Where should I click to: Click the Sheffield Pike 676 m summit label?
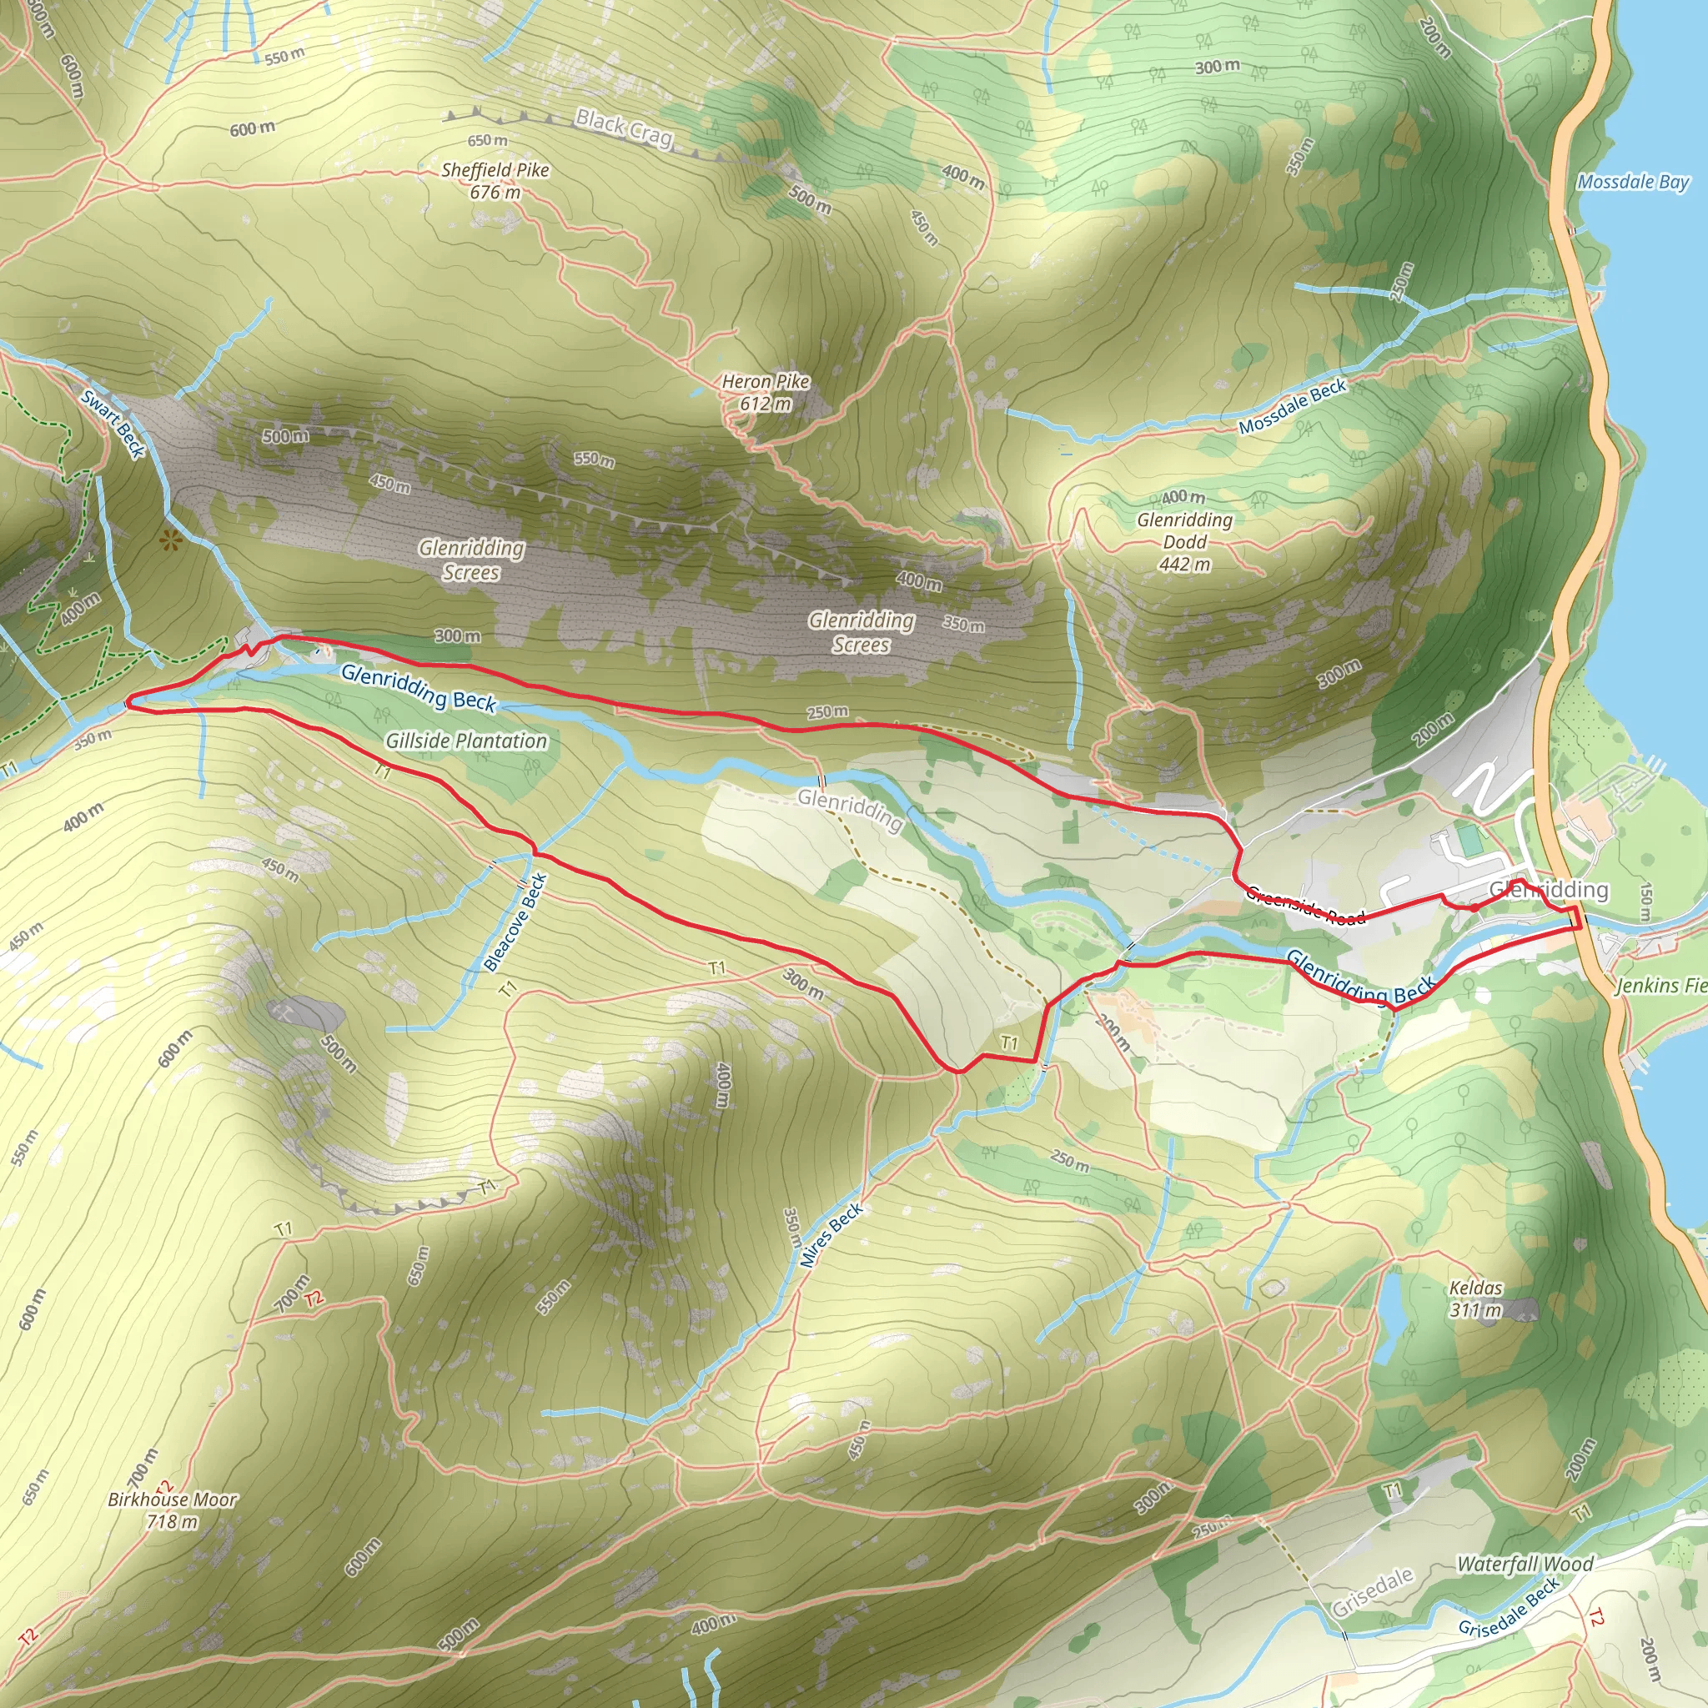tap(495, 180)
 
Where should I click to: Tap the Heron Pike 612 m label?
tap(766, 393)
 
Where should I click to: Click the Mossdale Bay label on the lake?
tap(1633, 182)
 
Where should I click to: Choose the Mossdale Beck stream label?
tap(1292, 407)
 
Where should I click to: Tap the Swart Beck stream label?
tap(113, 424)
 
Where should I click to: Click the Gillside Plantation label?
tap(466, 741)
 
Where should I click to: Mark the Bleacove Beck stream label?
tap(516, 922)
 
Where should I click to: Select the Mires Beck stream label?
tap(831, 1236)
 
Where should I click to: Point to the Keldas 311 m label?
tap(1475, 1299)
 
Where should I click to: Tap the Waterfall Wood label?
tap(1525, 1564)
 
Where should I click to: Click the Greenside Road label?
tap(1306, 907)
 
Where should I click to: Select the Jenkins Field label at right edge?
tap(1661, 985)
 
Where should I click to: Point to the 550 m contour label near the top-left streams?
tap(284, 57)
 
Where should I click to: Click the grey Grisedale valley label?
tap(1372, 1591)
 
